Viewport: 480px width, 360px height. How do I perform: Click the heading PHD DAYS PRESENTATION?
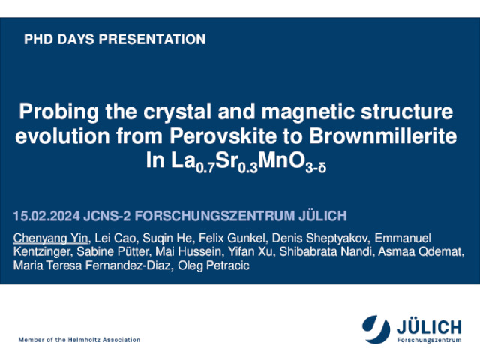tap(115, 40)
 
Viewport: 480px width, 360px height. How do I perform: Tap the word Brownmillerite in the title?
tap(383, 136)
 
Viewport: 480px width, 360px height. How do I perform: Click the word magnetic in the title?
tap(308, 112)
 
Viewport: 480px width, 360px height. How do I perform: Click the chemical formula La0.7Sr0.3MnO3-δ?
tap(249, 163)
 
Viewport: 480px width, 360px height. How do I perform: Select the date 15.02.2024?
tap(46, 216)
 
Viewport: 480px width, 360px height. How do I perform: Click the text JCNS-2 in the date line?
tap(106, 216)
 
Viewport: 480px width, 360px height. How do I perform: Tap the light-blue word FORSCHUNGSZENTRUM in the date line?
tap(215, 216)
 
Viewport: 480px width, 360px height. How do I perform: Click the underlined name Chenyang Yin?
tap(50, 238)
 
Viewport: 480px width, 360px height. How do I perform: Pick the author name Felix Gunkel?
tap(232, 238)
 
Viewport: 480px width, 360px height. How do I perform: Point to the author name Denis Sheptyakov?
tap(320, 238)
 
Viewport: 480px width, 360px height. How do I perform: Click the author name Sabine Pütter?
tap(112, 252)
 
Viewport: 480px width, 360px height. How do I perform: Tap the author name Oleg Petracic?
tap(214, 265)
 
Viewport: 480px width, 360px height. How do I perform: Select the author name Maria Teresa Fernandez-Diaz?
tap(91, 265)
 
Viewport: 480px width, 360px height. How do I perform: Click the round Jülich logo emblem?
tap(376, 329)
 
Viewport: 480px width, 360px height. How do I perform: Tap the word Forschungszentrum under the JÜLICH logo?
tap(429, 340)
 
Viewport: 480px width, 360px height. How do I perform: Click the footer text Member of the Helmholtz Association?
tap(79, 340)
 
